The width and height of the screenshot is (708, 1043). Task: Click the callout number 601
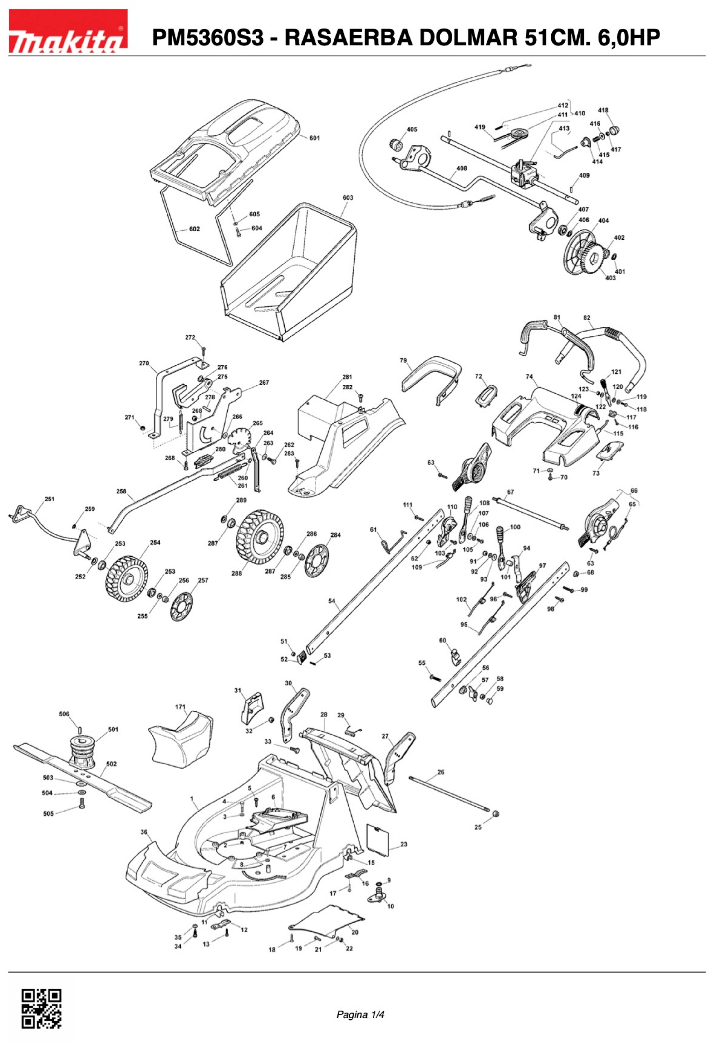(x=315, y=138)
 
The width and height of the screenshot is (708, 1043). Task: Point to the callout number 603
(x=348, y=197)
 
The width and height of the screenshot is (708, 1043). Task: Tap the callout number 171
(x=180, y=707)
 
